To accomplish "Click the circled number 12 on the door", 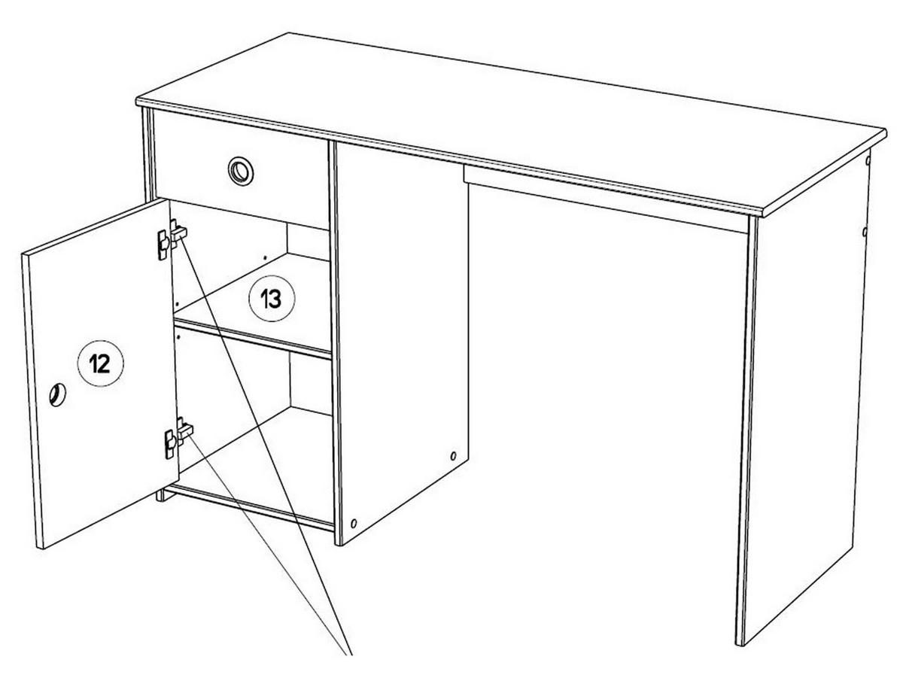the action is click(100, 363).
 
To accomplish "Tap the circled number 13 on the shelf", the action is click(272, 298).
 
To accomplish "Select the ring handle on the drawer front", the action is click(241, 170).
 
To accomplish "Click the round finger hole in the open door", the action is click(57, 395).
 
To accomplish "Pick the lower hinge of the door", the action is click(178, 437).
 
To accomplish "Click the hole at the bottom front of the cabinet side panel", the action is click(354, 523).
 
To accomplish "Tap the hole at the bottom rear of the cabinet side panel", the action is click(453, 456).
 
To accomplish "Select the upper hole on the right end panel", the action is click(868, 160).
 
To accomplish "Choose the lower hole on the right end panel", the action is click(865, 232).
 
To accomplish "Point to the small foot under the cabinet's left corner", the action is click(160, 494).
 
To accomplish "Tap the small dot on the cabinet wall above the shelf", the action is click(265, 257).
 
